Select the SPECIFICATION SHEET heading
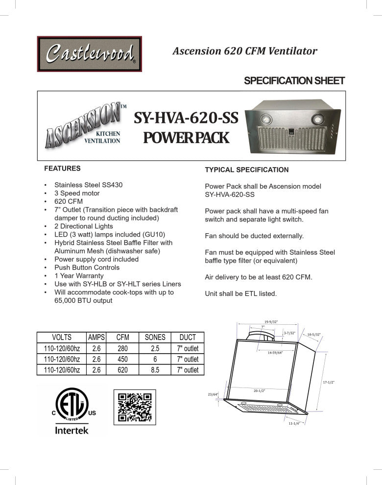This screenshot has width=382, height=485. click(x=294, y=81)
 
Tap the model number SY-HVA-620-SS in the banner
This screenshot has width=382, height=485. click(x=186, y=119)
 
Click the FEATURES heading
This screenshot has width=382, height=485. click(x=62, y=168)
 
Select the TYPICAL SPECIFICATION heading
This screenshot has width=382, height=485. click(x=246, y=170)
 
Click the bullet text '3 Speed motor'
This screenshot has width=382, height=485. click(x=77, y=193)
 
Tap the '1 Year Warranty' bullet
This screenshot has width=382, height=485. click(x=79, y=276)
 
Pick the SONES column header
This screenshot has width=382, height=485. click(x=155, y=337)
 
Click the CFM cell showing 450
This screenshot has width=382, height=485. click(x=122, y=359)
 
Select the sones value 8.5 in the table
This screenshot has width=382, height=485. click(x=155, y=370)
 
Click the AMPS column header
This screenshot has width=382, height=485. click(x=96, y=337)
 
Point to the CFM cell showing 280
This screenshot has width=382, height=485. click(x=122, y=348)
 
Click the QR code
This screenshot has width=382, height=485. click(x=135, y=407)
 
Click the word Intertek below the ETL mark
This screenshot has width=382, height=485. click(x=72, y=431)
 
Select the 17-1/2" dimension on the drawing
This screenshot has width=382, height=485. click(x=328, y=382)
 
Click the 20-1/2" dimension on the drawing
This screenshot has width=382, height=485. click(x=260, y=391)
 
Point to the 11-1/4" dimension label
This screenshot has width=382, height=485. click(x=294, y=423)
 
